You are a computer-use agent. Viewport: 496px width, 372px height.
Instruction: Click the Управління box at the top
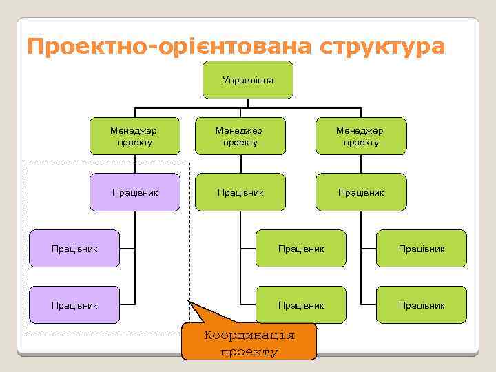click(248, 80)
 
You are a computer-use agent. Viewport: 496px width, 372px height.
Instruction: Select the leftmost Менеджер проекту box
click(135, 136)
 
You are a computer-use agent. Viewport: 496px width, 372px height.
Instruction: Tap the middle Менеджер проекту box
click(240, 136)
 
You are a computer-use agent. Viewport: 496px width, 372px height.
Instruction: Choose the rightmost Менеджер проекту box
click(360, 136)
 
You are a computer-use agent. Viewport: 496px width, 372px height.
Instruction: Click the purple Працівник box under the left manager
click(135, 192)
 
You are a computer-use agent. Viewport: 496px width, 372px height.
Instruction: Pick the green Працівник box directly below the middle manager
click(240, 192)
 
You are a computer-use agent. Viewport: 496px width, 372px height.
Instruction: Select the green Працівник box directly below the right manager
click(360, 192)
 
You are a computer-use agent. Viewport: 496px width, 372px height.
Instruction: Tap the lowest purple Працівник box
click(74, 304)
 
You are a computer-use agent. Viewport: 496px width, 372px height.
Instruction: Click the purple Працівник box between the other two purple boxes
click(74, 248)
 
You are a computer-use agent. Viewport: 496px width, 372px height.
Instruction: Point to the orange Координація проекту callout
click(249, 342)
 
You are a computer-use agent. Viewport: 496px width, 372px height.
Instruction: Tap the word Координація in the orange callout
click(249, 335)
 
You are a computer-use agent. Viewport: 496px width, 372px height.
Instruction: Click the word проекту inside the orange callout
click(249, 352)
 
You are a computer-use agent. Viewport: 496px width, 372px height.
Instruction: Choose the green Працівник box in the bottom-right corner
click(421, 304)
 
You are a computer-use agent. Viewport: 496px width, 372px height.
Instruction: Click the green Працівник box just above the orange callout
click(301, 304)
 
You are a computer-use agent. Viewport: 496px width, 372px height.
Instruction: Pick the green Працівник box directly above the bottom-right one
click(421, 248)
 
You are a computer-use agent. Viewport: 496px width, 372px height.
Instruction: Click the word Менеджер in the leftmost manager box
click(135, 130)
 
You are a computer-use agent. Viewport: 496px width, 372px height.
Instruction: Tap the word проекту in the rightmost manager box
click(360, 143)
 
